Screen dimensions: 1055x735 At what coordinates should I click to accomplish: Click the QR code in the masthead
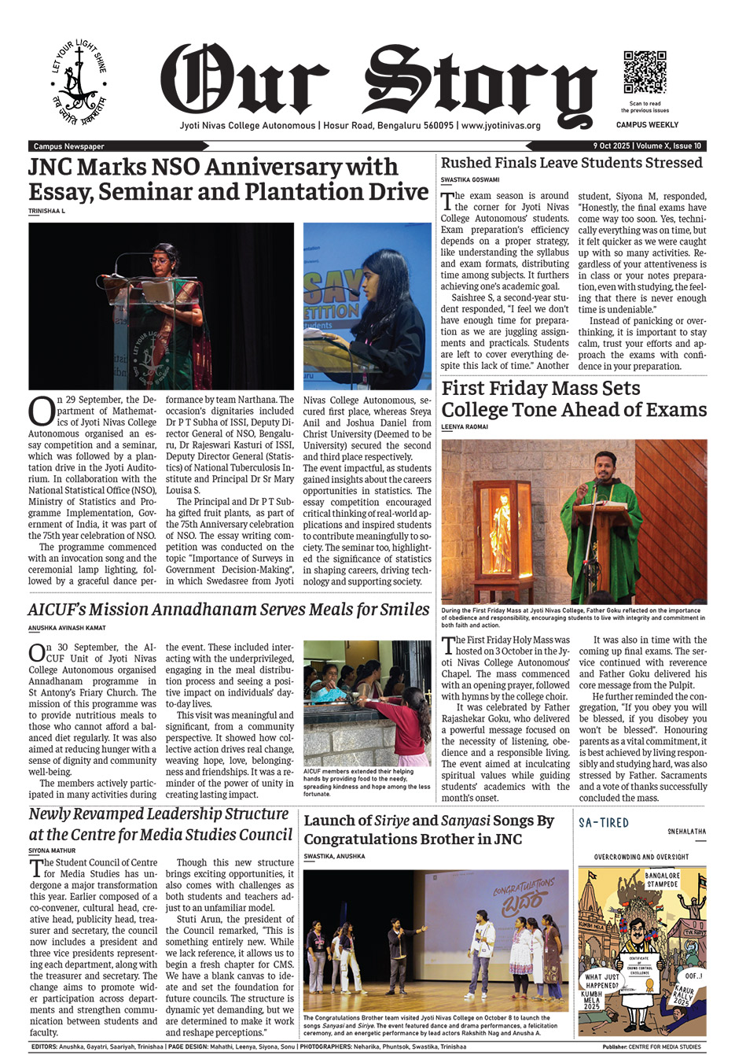tap(645, 72)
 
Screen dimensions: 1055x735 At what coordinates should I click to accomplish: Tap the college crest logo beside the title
tap(79, 83)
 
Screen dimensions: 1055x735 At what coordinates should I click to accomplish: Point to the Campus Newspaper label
tap(69, 146)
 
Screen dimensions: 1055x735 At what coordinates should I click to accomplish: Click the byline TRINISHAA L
tap(46, 212)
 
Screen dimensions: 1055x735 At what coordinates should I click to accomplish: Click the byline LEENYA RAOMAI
tap(465, 427)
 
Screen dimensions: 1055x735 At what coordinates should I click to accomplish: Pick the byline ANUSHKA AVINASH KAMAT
tap(67, 628)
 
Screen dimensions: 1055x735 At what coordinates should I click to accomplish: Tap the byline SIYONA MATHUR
tap(52, 850)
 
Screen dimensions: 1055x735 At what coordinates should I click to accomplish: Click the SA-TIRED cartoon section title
tap(604, 823)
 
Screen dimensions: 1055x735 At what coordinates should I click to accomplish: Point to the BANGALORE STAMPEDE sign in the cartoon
tap(662, 879)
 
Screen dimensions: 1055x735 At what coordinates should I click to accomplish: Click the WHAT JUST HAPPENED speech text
tap(602, 980)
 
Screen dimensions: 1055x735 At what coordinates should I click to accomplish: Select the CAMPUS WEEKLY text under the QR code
tap(647, 125)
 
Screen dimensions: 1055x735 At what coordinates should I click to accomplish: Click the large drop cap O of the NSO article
tap(41, 410)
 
